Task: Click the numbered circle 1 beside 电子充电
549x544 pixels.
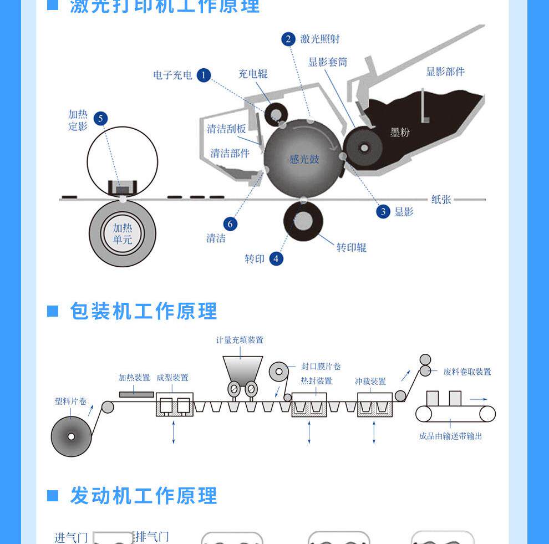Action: pyautogui.click(x=204, y=75)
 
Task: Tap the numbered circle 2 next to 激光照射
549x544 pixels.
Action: pyautogui.click(x=288, y=39)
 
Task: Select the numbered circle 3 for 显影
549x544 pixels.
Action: pyautogui.click(x=383, y=211)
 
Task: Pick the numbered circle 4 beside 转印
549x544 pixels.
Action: pyautogui.click(x=276, y=258)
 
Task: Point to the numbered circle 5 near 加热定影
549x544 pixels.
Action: pyautogui.click(x=100, y=118)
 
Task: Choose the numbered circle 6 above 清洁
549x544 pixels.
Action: pyautogui.click(x=230, y=223)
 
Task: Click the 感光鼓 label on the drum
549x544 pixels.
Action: pyautogui.click(x=304, y=159)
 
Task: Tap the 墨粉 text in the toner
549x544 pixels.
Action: pyautogui.click(x=399, y=132)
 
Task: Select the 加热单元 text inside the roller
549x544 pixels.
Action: pyautogui.click(x=123, y=233)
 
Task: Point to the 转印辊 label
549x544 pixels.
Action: pyautogui.click(x=352, y=247)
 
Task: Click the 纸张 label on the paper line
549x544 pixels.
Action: pyautogui.click(x=441, y=199)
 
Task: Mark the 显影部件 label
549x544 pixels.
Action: pyautogui.click(x=445, y=72)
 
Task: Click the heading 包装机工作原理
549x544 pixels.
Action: pyautogui.click(x=143, y=311)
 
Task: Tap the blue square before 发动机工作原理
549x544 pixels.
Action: pyautogui.click(x=53, y=495)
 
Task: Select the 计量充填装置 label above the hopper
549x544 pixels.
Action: pyautogui.click(x=240, y=340)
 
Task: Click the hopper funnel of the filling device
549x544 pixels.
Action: pyautogui.click(x=242, y=367)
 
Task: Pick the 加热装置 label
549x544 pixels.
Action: pyautogui.click(x=134, y=378)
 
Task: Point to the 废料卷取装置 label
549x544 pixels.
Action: pyautogui.click(x=467, y=372)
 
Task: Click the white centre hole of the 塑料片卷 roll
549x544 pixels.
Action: pyautogui.click(x=71, y=436)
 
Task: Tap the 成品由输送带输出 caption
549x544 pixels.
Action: pyautogui.click(x=450, y=436)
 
